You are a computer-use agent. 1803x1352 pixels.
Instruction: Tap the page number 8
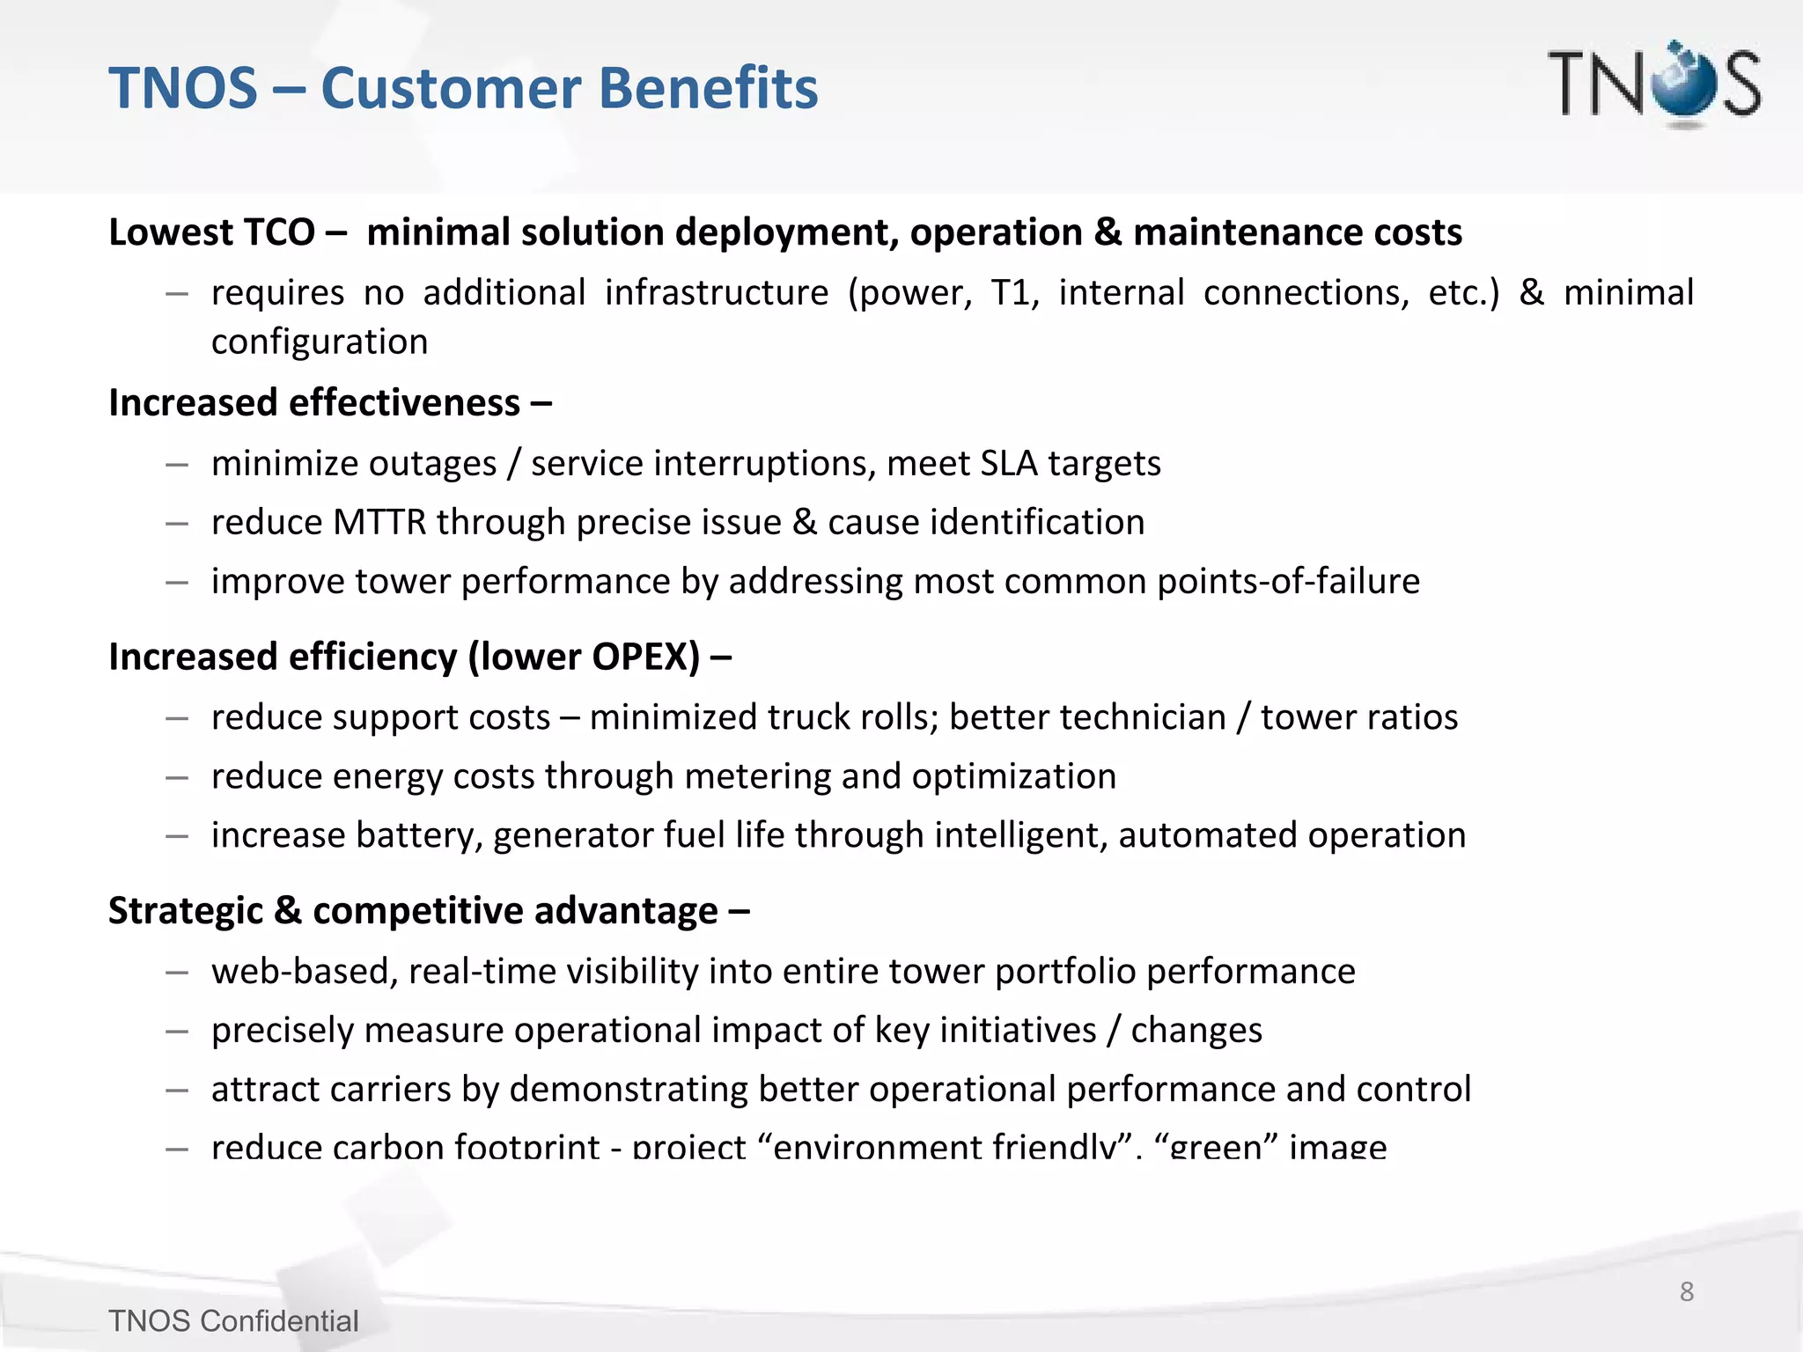[x=1687, y=1291]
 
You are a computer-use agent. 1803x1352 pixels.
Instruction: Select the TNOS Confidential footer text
[x=233, y=1321]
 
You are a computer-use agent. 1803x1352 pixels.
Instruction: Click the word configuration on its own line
[x=320, y=342]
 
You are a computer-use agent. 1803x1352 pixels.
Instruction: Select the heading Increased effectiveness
[x=314, y=402]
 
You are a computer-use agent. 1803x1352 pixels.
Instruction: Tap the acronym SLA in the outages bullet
[x=1009, y=463]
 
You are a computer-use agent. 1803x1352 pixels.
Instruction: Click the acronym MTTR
[x=379, y=522]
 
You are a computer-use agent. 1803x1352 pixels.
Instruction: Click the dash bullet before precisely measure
[x=177, y=1031]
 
